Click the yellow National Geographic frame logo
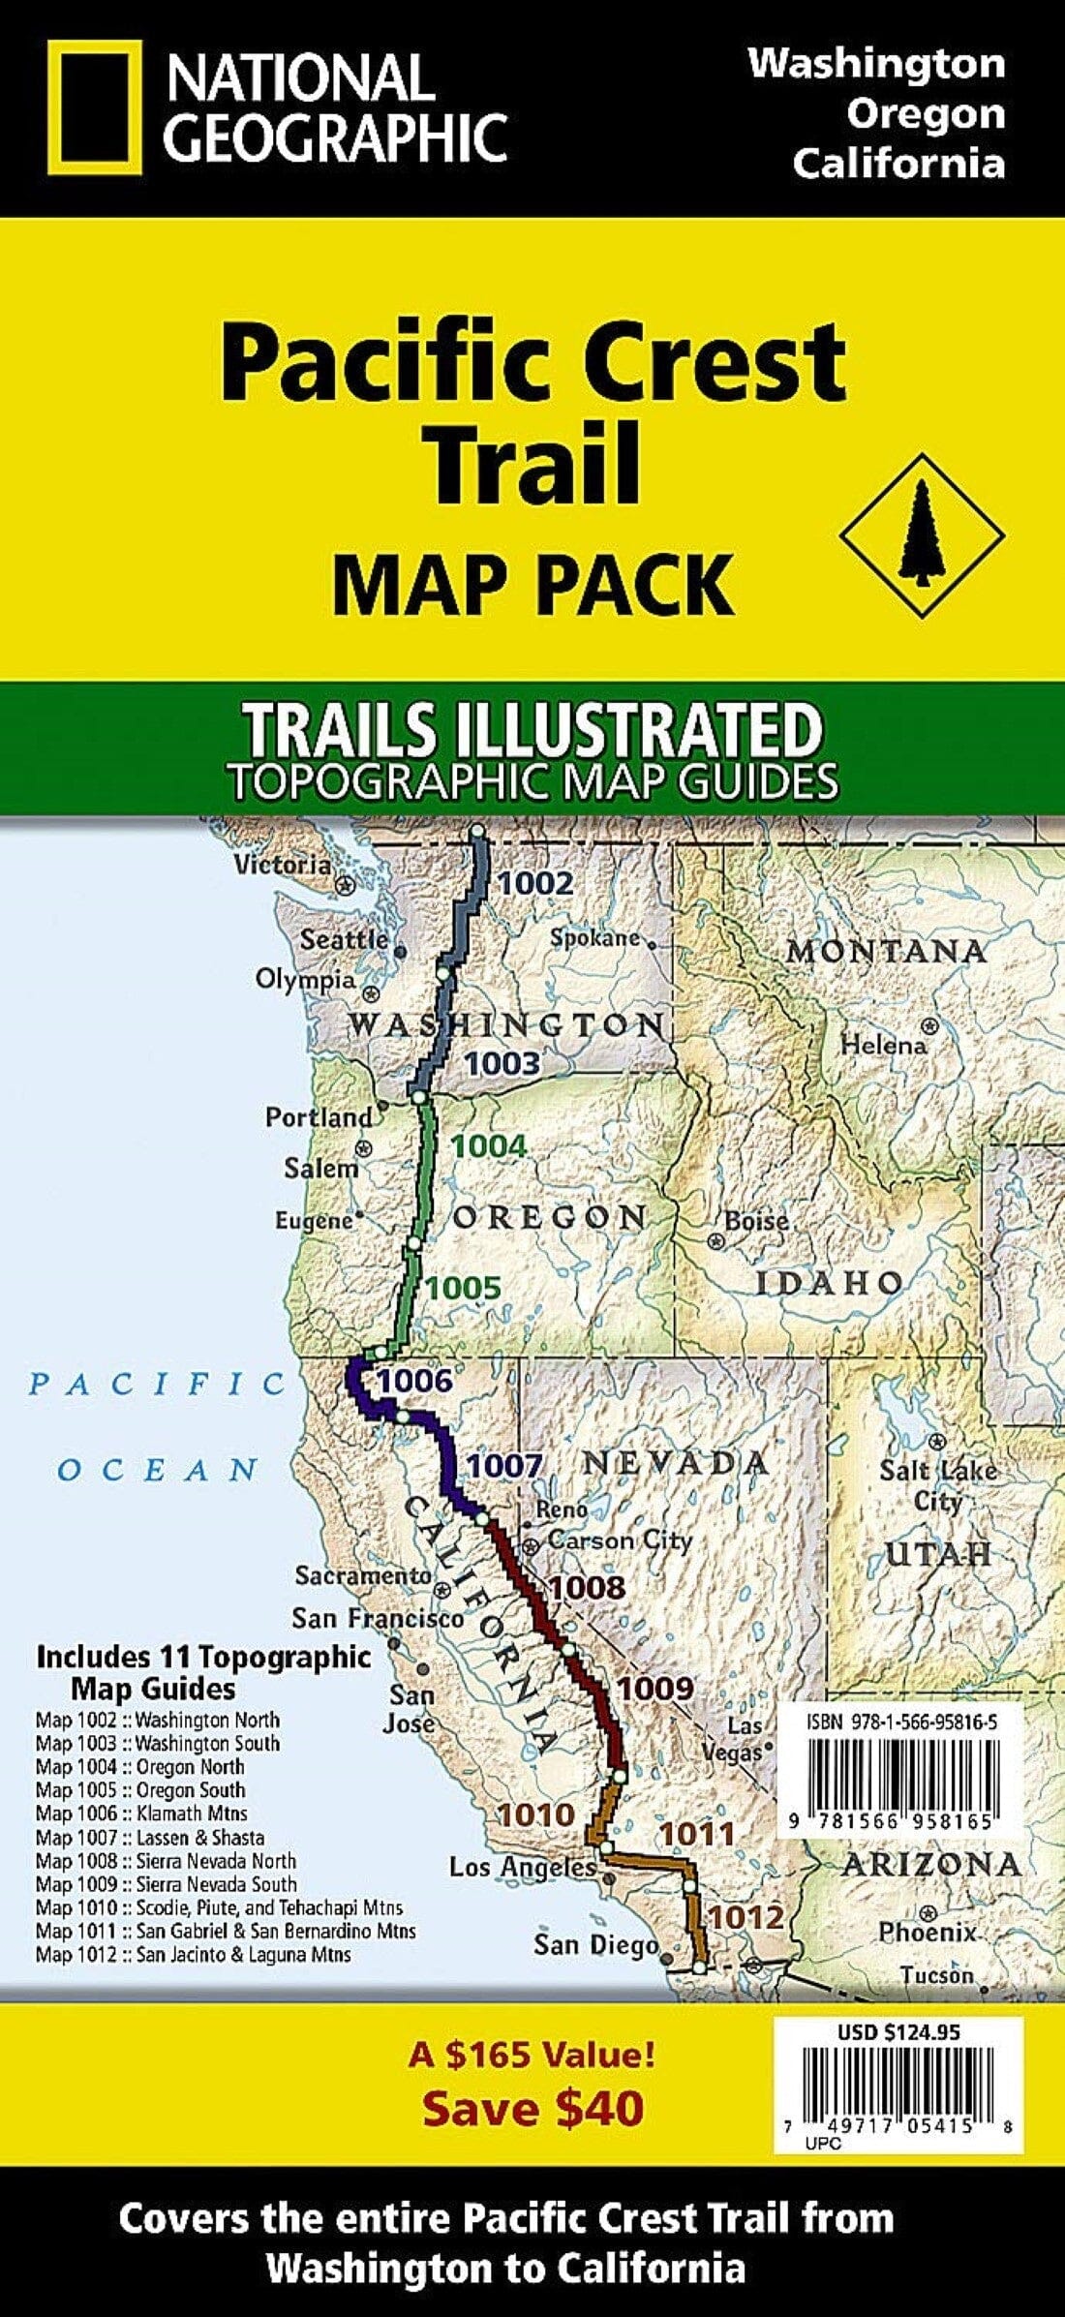pos(93,107)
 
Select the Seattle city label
pos(344,938)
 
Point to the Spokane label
pos(594,937)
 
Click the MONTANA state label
pos(886,951)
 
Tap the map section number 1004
pos(490,1146)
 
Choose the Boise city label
pos(756,1222)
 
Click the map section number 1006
pos(415,1381)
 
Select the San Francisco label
pos(379,1617)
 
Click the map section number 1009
pos(655,1689)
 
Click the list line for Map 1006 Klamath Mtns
pos(141,1813)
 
